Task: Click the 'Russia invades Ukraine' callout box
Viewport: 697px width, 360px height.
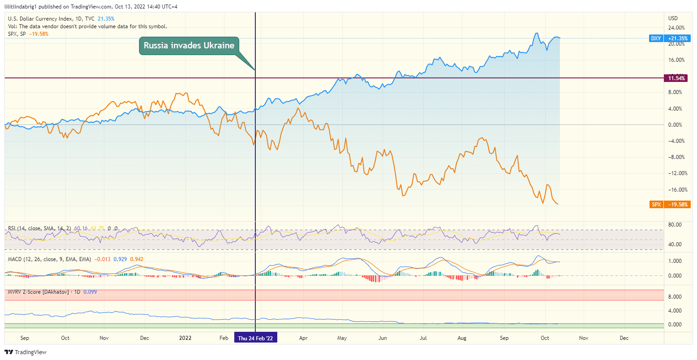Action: pyautogui.click(x=189, y=46)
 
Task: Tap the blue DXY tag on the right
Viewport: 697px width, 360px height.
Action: pyautogui.click(x=656, y=39)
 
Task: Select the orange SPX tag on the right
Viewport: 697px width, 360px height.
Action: pyautogui.click(x=656, y=205)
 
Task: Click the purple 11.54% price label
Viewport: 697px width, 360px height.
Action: pyautogui.click(x=676, y=78)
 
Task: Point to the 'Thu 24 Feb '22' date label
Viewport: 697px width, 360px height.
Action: pyautogui.click(x=255, y=339)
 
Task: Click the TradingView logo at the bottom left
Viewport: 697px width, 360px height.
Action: pyautogui.click(x=26, y=352)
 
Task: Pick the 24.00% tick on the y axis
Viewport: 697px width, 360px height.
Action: pyautogui.click(x=676, y=28)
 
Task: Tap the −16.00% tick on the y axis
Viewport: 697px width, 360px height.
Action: pyautogui.click(x=676, y=190)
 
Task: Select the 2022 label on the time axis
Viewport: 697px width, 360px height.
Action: pyautogui.click(x=185, y=338)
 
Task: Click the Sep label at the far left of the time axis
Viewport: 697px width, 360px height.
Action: pyautogui.click(x=25, y=338)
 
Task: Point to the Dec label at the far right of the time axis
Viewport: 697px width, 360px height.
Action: pyautogui.click(x=624, y=338)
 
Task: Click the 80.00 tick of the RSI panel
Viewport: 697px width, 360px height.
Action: pyautogui.click(x=675, y=225)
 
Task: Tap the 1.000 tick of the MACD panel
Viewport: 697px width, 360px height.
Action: pyautogui.click(x=675, y=261)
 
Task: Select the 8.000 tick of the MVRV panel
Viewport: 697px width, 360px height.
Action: pyautogui.click(x=675, y=297)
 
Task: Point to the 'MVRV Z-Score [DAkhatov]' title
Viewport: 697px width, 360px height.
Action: pyautogui.click(x=38, y=292)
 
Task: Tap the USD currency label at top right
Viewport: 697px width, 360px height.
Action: pyautogui.click(x=673, y=18)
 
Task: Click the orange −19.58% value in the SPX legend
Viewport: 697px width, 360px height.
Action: pyautogui.click(x=39, y=34)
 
